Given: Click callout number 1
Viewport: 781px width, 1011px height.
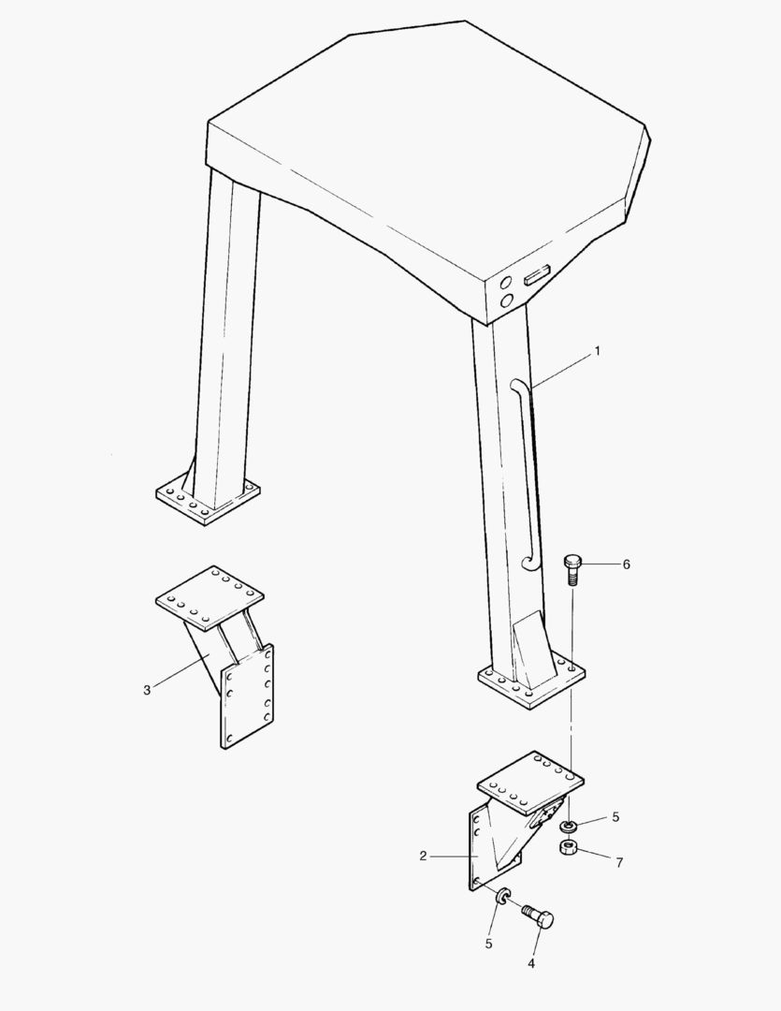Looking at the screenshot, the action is click(598, 351).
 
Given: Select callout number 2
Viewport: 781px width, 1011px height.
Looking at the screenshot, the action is click(423, 857).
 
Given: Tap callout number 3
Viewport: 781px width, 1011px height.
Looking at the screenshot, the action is click(147, 691).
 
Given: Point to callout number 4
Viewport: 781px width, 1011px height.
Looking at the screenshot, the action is click(531, 964).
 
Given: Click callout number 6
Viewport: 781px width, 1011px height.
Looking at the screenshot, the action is click(626, 564).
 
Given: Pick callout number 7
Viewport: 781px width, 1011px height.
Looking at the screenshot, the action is click(619, 863).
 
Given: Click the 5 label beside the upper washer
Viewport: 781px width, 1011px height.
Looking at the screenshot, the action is click(615, 817).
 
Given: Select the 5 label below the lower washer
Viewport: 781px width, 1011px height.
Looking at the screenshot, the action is click(489, 944).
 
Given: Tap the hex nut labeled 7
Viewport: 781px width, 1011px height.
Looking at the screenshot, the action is click(568, 847).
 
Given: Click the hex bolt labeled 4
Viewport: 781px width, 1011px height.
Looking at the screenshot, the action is click(539, 916).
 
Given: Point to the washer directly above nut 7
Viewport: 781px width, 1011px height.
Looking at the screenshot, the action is click(569, 826).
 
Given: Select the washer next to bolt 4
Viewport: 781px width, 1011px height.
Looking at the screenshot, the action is click(502, 896).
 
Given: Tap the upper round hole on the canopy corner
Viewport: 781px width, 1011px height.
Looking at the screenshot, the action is click(507, 282).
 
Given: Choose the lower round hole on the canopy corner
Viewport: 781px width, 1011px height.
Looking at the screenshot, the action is click(507, 300).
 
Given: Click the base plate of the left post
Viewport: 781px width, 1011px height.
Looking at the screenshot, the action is click(209, 503).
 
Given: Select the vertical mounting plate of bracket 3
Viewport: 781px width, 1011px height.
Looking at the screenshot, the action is click(248, 696).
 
